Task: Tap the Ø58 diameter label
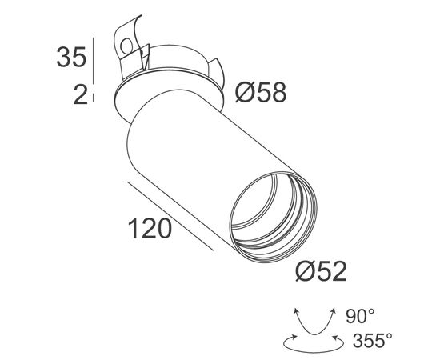(261, 94)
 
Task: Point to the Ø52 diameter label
(322, 272)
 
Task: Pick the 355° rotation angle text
(373, 342)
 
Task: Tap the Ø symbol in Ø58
(246, 94)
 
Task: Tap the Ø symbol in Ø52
(306, 272)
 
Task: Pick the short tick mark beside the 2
(95, 96)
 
